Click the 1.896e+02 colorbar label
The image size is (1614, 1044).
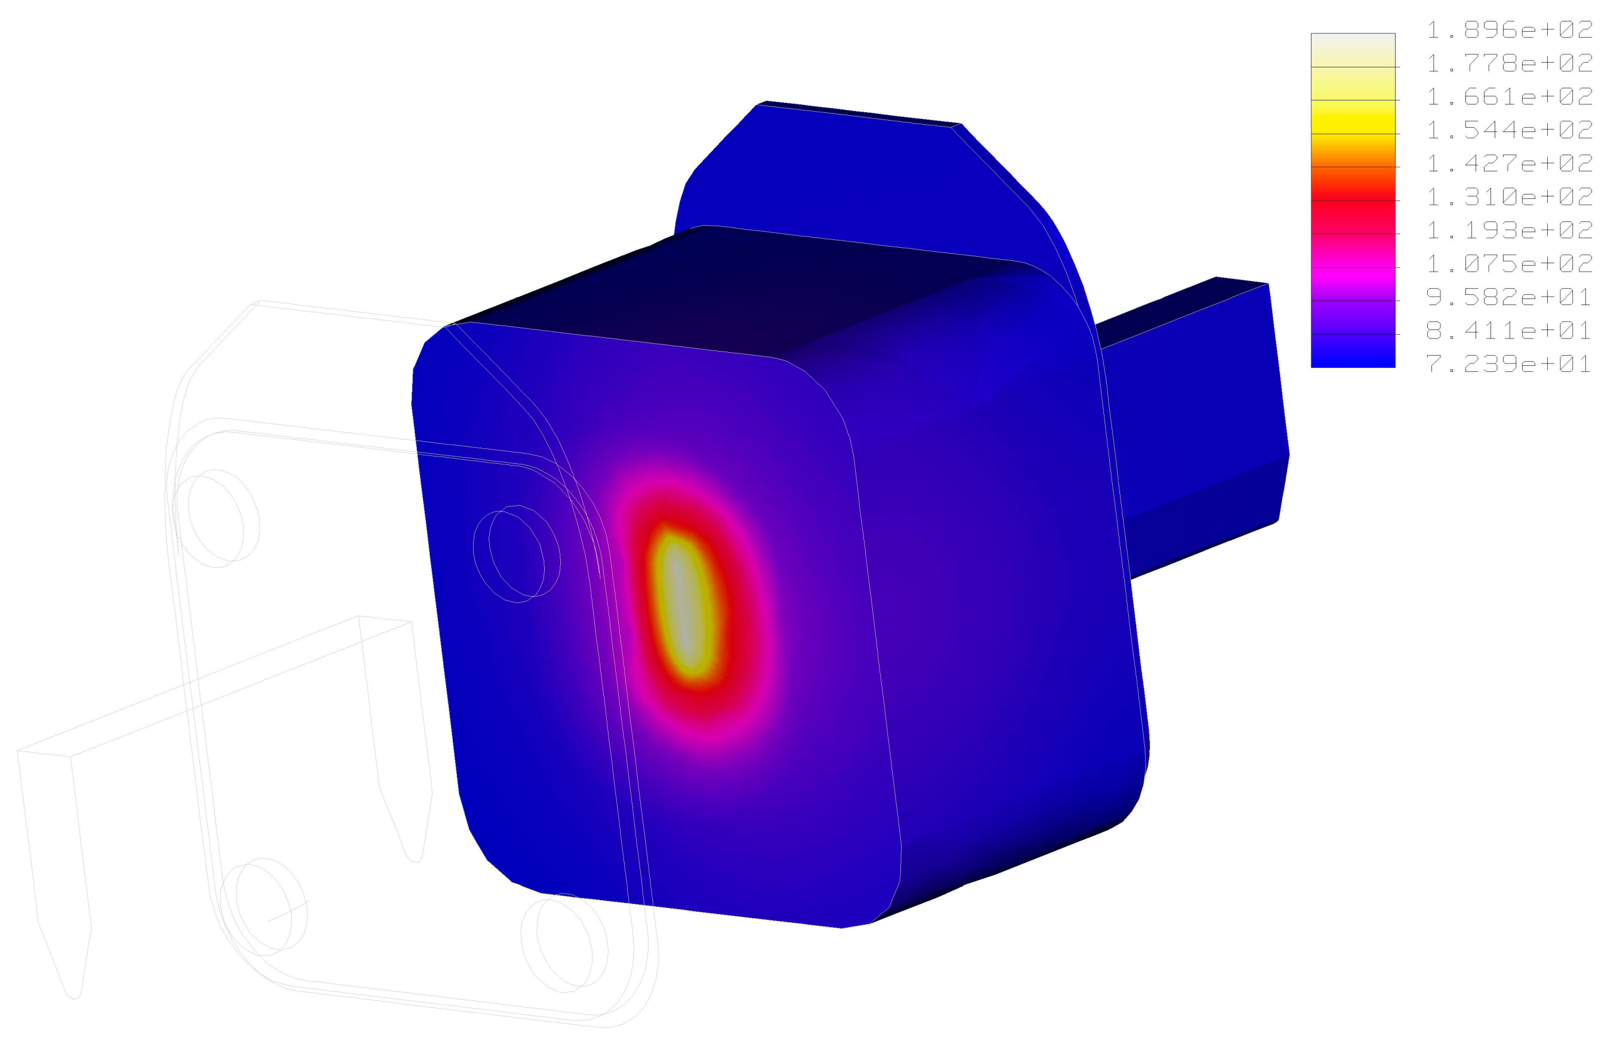(1509, 30)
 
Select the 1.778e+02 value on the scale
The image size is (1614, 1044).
(1509, 64)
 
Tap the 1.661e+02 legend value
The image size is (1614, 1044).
(1509, 97)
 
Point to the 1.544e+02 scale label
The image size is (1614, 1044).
(1509, 130)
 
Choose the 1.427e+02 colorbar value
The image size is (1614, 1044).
(1509, 164)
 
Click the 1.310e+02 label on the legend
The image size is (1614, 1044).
(1509, 197)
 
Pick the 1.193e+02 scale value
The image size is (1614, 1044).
(1509, 230)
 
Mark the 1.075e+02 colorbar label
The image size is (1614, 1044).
(1509, 264)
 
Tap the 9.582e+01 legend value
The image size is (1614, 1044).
(1509, 297)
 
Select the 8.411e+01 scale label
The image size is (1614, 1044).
(1509, 331)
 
